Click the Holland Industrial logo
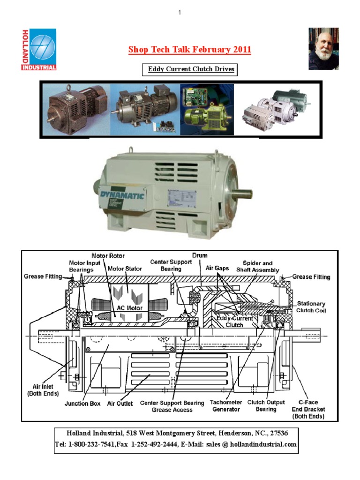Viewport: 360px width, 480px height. [x=38, y=49]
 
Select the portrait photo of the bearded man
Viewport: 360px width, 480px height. [x=323, y=48]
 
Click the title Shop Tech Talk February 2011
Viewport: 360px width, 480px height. [x=190, y=50]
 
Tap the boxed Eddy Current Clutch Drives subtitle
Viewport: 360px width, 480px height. [x=190, y=70]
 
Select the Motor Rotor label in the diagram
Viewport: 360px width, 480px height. [x=108, y=256]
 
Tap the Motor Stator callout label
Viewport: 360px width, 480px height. [x=125, y=269]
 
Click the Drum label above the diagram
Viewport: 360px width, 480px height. [x=200, y=255]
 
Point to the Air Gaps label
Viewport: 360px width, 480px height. [x=217, y=268]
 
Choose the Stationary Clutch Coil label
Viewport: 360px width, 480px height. [x=310, y=307]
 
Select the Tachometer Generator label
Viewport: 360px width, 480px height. [x=225, y=406]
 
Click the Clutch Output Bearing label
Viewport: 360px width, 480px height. [x=266, y=406]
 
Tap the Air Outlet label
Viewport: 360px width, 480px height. [x=120, y=403]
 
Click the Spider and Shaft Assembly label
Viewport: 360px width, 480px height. [x=257, y=266]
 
